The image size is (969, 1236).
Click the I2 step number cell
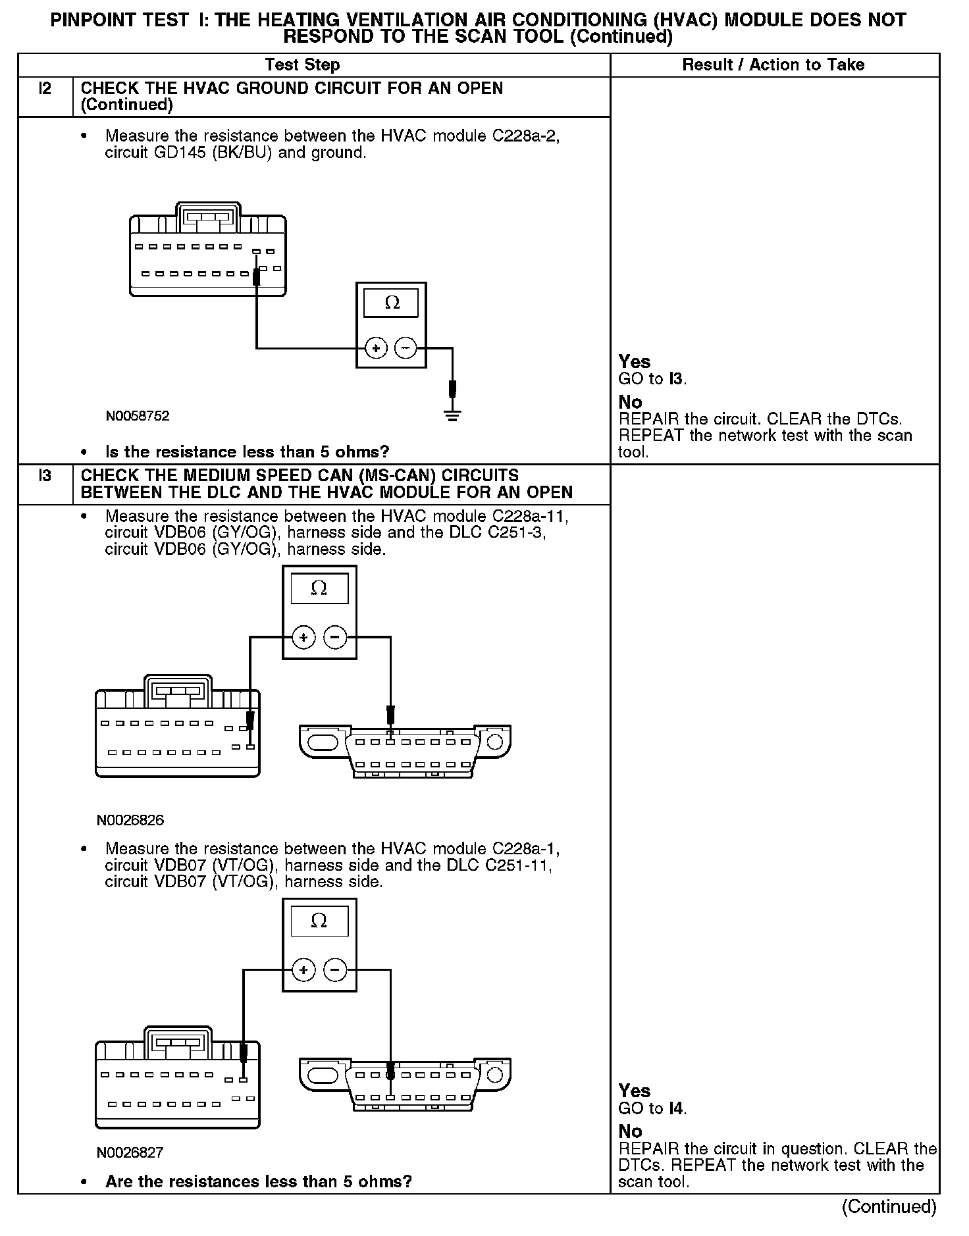point(45,89)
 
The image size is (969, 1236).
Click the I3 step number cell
point(45,476)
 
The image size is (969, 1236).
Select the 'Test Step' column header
point(302,64)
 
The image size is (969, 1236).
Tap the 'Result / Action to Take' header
point(773,64)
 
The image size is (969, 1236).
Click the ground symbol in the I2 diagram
point(452,415)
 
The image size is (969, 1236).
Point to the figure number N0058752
point(138,416)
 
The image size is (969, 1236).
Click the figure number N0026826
point(130,820)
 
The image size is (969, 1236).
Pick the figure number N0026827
point(130,1152)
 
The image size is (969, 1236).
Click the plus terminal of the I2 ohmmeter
point(376,348)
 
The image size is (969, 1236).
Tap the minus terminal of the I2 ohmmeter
point(406,348)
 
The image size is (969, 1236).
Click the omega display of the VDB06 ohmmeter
point(319,588)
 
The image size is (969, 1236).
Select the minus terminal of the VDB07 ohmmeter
point(335,969)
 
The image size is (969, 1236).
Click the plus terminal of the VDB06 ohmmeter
point(303,637)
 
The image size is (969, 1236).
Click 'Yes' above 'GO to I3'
point(635,361)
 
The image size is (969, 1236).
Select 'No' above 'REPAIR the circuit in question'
point(630,1131)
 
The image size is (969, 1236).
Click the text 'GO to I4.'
point(652,1108)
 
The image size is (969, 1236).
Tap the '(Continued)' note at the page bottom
point(889,1206)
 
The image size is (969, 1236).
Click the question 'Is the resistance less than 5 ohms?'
point(247,452)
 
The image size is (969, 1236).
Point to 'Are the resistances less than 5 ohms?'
point(258,1181)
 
